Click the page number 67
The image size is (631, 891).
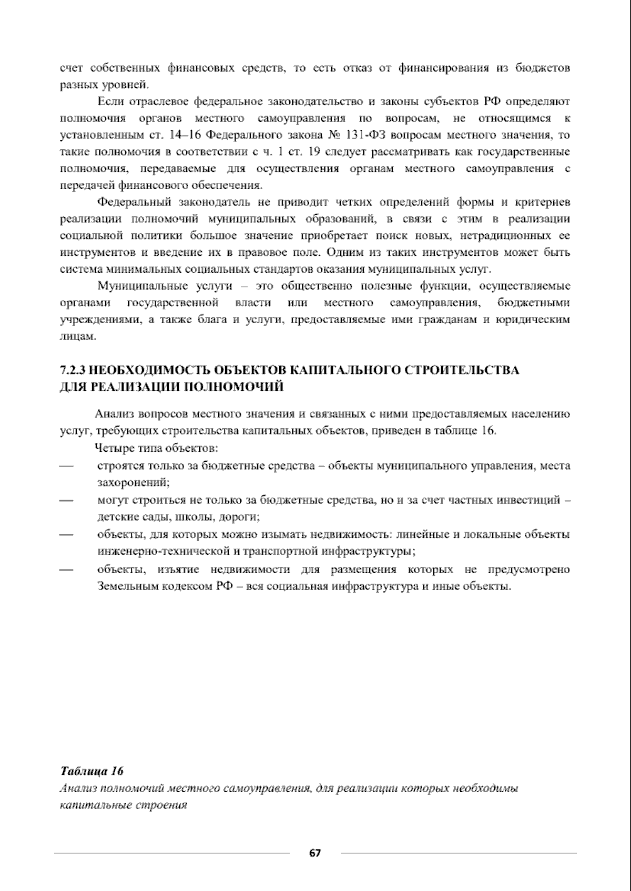click(315, 853)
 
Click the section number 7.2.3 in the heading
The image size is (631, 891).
click(73, 370)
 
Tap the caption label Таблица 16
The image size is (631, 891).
click(92, 771)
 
